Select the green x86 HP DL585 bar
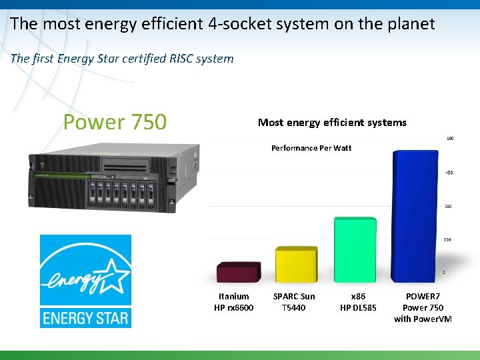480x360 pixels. [355, 249]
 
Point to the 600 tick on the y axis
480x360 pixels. [450, 139]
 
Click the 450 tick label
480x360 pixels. [449, 173]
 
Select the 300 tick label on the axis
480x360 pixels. [449, 206]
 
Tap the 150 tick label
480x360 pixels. [449, 239]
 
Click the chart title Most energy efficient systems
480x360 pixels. [332, 122]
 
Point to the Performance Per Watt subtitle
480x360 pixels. [311, 148]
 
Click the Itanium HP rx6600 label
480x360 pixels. [234, 302]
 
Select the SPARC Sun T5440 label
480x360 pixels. [294, 302]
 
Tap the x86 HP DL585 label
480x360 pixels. [358, 302]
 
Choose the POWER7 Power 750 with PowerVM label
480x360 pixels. [423, 307]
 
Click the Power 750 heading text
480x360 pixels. [115, 122]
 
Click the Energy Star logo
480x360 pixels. [85, 281]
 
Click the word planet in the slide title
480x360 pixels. [407, 25]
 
